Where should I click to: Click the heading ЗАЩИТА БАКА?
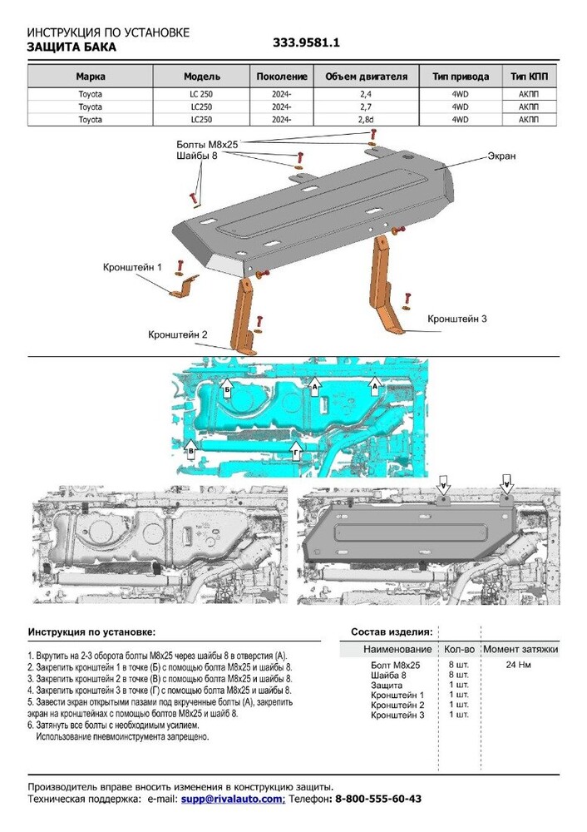(x=72, y=47)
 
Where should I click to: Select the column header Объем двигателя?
(x=366, y=77)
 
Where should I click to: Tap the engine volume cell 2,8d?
(x=366, y=120)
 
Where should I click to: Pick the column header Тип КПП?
(x=528, y=77)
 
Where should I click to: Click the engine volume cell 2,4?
(x=366, y=94)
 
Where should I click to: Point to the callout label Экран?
(x=501, y=156)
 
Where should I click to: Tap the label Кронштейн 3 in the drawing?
(x=456, y=319)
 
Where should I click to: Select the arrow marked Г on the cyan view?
(x=295, y=450)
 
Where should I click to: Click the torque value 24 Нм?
(x=520, y=665)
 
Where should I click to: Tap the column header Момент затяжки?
(x=520, y=649)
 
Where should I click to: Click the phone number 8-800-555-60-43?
(x=377, y=799)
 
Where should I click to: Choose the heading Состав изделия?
(x=392, y=632)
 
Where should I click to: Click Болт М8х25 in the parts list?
(x=396, y=665)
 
